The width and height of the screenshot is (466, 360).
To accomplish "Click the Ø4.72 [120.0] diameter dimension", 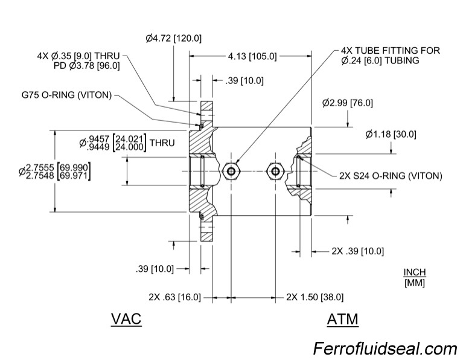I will (x=173, y=38).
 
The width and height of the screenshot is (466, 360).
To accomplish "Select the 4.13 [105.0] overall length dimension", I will (x=252, y=56).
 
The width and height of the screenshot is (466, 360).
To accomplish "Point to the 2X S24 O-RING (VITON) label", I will (x=391, y=176).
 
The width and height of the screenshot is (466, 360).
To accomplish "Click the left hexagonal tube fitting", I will (x=229, y=170).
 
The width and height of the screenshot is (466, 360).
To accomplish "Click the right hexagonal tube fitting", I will (x=275, y=171).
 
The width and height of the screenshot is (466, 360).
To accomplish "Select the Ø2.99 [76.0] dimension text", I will (x=347, y=103).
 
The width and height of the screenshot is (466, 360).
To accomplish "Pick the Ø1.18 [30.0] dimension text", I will (x=391, y=134).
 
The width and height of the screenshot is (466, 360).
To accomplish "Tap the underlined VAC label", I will (x=126, y=319).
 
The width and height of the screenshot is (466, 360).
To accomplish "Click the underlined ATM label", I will (x=342, y=319).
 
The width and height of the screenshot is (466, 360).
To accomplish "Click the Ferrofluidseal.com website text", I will (x=385, y=349).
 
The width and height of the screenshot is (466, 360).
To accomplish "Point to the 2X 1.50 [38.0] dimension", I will (x=314, y=297).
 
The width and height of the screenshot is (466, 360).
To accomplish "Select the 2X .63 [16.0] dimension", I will (x=174, y=297).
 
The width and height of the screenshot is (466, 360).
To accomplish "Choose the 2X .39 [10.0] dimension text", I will (x=357, y=251).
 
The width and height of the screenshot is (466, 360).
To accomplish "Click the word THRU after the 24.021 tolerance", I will (x=162, y=143).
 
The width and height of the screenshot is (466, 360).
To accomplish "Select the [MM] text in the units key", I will (x=415, y=283).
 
